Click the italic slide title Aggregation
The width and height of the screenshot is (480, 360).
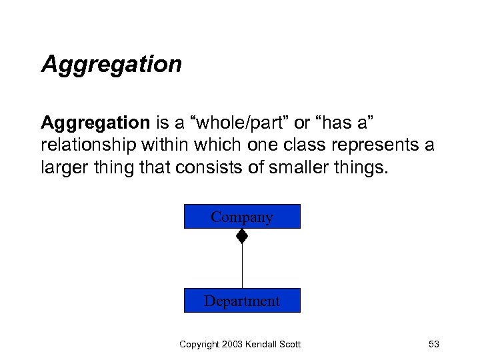tap(111, 65)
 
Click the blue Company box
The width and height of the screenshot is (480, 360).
tap(242, 217)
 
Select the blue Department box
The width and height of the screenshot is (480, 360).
tap(242, 301)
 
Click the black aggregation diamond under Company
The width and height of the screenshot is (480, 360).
tap(242, 236)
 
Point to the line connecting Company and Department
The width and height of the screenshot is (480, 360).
tap(242, 267)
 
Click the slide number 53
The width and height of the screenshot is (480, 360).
tap(433, 344)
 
